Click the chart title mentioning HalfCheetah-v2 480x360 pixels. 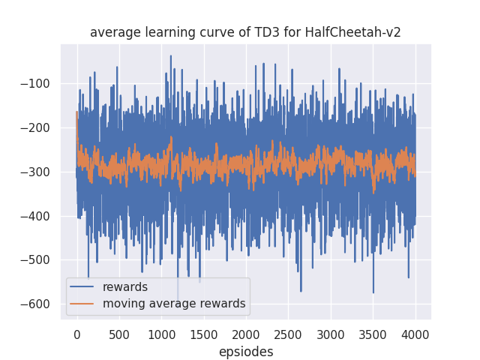245,32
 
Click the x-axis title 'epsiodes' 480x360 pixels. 246,351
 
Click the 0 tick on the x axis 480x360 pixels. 76,332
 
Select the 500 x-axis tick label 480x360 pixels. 118,332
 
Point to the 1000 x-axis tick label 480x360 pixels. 161,332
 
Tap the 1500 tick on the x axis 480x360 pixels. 203,332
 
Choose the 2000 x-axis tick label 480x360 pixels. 246,332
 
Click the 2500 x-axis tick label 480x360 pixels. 288,332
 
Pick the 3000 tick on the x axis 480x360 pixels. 331,332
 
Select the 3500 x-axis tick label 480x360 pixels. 373,332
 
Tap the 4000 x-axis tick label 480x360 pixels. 415,332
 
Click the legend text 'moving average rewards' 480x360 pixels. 174,304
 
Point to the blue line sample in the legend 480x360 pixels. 84,287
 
